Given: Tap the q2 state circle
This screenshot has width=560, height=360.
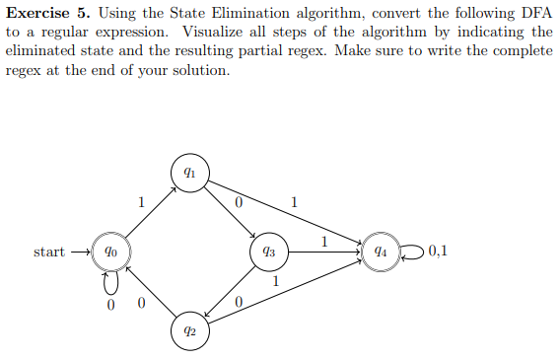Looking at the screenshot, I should (x=188, y=330).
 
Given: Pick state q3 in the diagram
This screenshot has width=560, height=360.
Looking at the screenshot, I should (x=268, y=252).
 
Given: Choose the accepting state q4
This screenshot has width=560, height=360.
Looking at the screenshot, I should (x=380, y=252).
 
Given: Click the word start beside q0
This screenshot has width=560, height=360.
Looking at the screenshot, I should (x=49, y=252).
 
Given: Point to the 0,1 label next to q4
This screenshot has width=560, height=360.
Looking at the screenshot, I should (x=438, y=251).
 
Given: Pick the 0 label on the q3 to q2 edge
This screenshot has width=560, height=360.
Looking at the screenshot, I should (x=239, y=300).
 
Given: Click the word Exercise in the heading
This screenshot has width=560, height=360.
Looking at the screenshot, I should (x=36, y=14).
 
